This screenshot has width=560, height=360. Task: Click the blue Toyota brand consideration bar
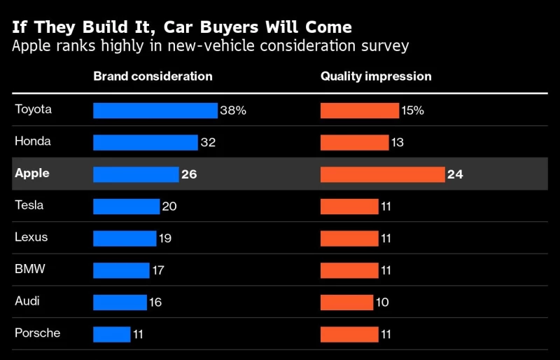pyautogui.click(x=155, y=111)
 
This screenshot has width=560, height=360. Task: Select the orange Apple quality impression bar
pyautogui.click(x=382, y=174)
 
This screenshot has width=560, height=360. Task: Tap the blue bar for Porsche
pyautogui.click(x=112, y=334)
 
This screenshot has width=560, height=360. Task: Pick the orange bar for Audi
pyautogui.click(x=346, y=303)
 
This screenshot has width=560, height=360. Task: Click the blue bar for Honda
pyautogui.click(x=146, y=143)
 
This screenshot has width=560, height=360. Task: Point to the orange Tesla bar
pyautogui.click(x=349, y=207)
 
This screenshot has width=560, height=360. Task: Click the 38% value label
pyautogui.click(x=234, y=111)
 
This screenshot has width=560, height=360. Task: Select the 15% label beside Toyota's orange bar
pyautogui.click(x=413, y=111)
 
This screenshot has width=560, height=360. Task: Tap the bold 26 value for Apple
pyautogui.click(x=189, y=174)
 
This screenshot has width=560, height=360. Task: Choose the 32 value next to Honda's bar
pyautogui.click(x=208, y=143)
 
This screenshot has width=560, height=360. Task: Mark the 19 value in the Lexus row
pyautogui.click(x=164, y=238)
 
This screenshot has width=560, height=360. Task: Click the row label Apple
pyautogui.click(x=32, y=173)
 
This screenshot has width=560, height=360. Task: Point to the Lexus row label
pyautogui.click(x=31, y=237)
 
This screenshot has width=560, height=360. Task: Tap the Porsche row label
pyautogui.click(x=37, y=333)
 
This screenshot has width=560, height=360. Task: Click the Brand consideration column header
pyautogui.click(x=153, y=76)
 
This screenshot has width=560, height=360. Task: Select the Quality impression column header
pyautogui.click(x=376, y=76)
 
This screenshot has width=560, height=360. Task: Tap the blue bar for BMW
pyautogui.click(x=121, y=270)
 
